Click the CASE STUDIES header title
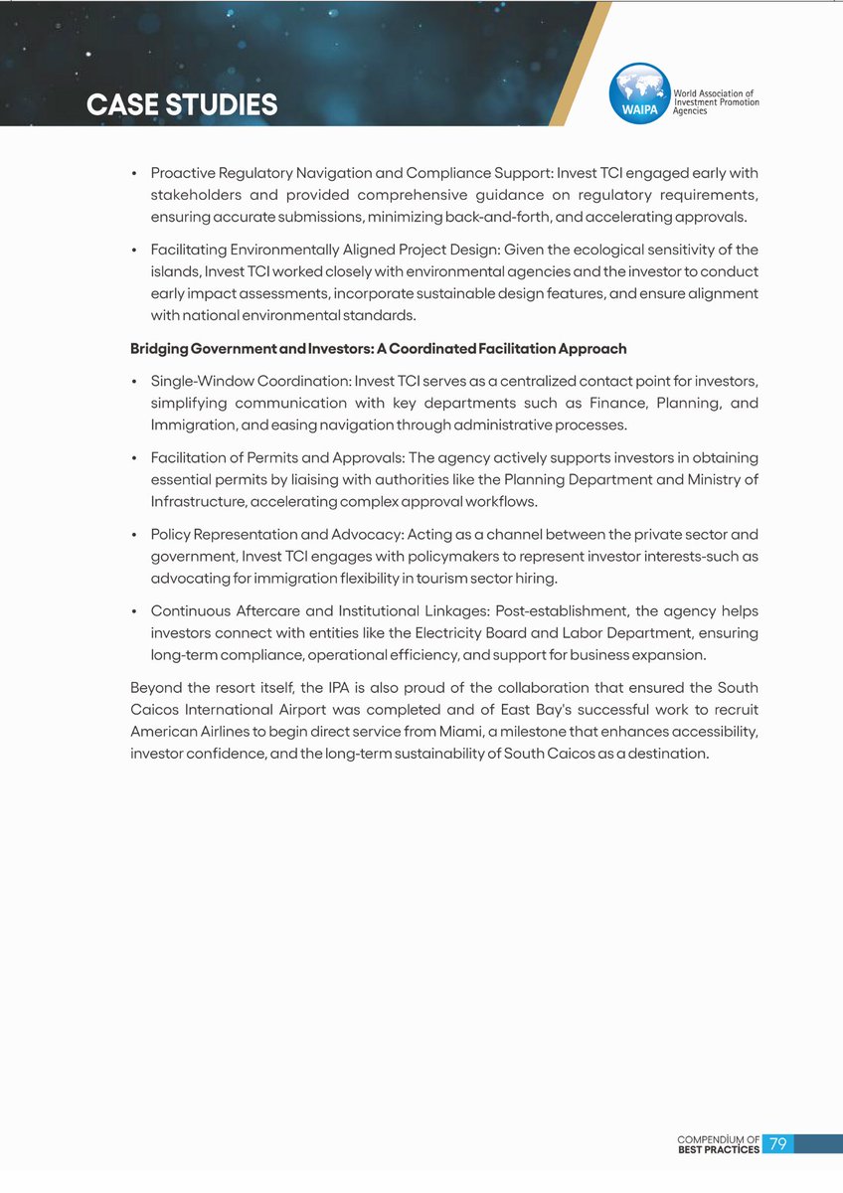tap(182, 105)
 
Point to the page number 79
tap(778, 1144)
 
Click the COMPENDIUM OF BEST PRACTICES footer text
tap(718, 1144)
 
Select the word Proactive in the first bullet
tap(182, 174)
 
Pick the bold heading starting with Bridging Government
tap(378, 349)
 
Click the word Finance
tap(616, 404)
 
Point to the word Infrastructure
tap(200, 500)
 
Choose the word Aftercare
tap(277, 611)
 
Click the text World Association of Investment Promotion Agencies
tap(716, 101)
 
